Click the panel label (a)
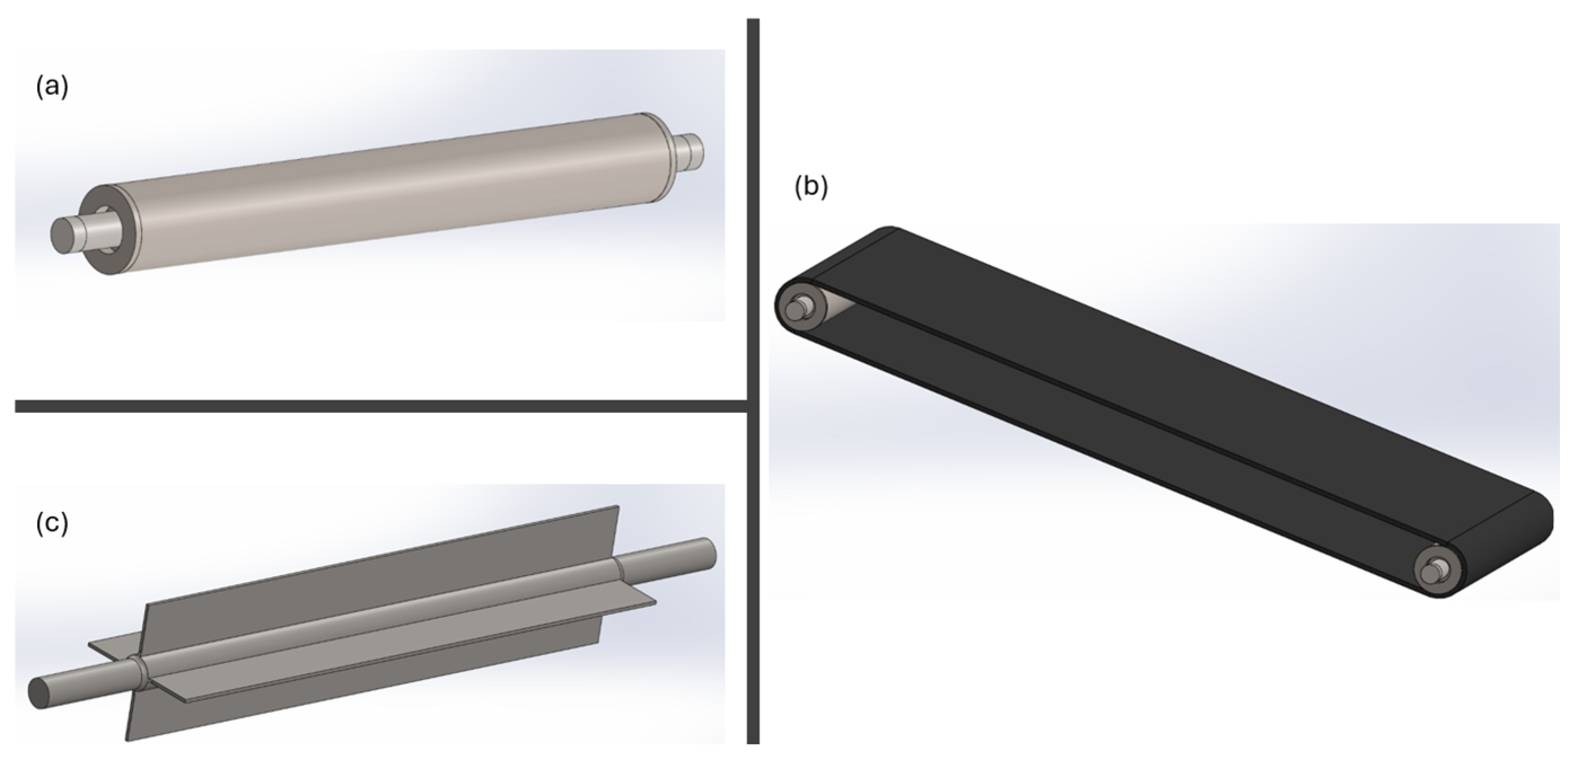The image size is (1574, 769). point(52,87)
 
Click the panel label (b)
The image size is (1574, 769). point(811,187)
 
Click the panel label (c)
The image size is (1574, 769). point(52,523)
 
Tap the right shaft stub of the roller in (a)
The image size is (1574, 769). point(689,151)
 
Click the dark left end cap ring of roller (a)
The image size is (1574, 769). point(113,229)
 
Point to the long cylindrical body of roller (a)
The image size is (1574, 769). point(391,192)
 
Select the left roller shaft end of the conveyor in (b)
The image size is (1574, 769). point(795,308)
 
